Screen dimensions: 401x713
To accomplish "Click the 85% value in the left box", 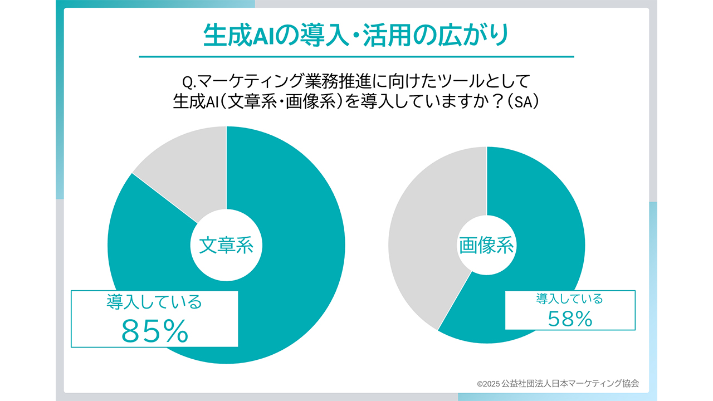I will (x=154, y=331).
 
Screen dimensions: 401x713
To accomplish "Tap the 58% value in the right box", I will (x=569, y=318).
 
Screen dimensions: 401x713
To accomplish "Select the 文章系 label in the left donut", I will (x=226, y=246).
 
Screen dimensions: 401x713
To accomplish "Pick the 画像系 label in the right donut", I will (x=486, y=245).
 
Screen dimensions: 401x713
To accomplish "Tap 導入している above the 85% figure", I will (x=154, y=302).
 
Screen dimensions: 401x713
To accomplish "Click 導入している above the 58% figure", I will (x=569, y=299).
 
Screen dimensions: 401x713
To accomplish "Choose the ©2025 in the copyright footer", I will (x=488, y=383).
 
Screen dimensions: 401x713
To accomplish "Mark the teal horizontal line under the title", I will (x=356, y=56).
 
